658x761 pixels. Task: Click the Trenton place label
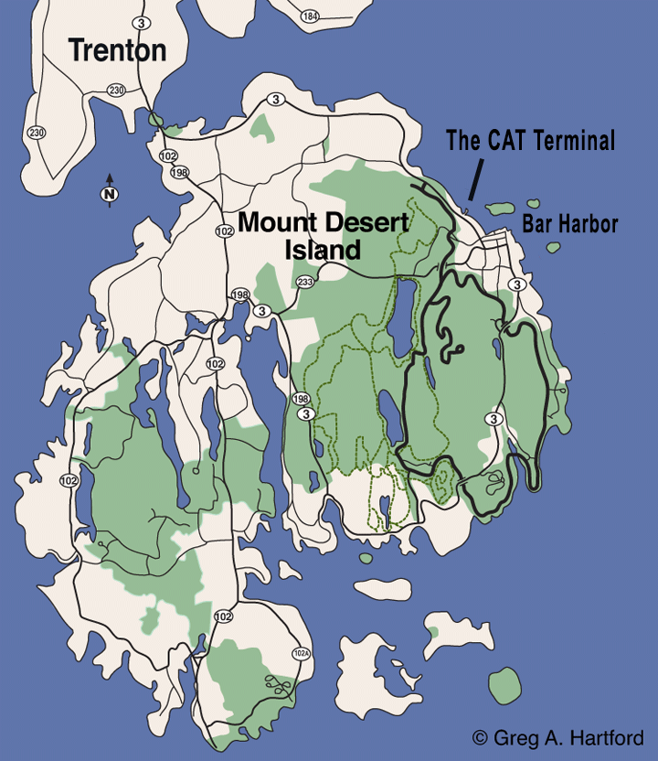pos(119,50)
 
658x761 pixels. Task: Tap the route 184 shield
pos(310,16)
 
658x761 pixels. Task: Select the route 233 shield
pos(305,282)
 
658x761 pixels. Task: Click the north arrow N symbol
pos(109,194)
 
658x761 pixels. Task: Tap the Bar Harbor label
pos(569,224)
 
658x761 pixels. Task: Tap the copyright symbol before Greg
pos(480,737)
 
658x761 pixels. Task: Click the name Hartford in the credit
pos(609,737)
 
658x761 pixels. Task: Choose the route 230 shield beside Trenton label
pos(115,90)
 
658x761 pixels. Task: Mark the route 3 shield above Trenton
pos(139,21)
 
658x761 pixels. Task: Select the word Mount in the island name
pos(271,220)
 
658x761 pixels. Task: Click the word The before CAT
pos(462,140)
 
